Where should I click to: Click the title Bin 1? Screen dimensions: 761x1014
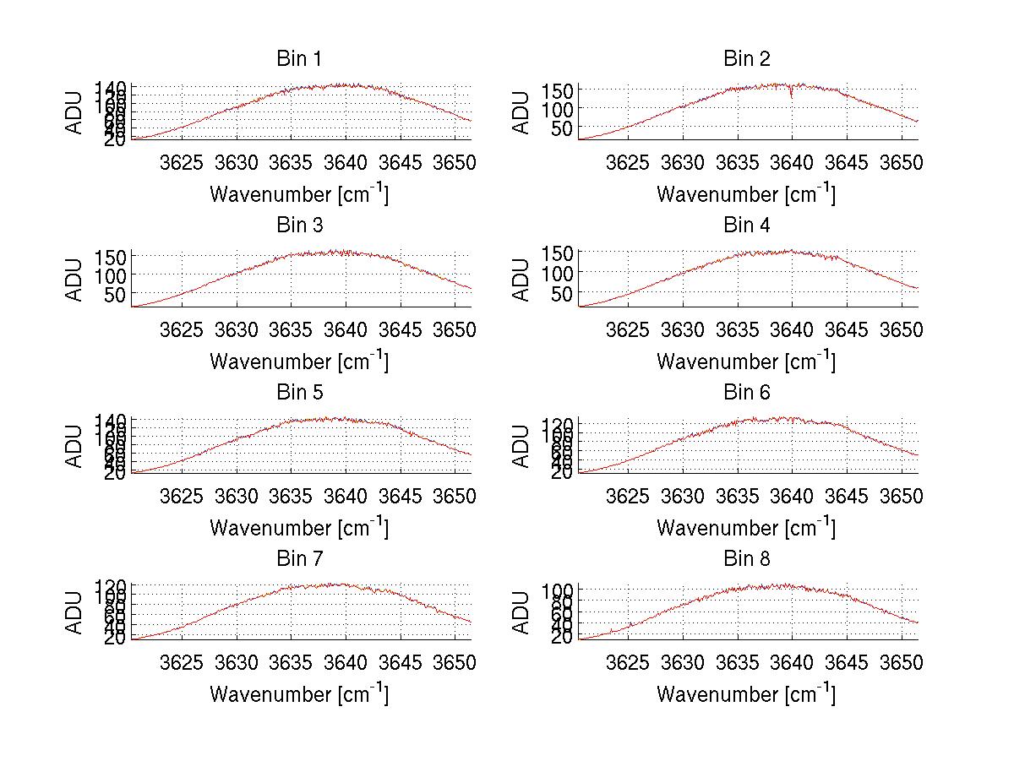coord(298,59)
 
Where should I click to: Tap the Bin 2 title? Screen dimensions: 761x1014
coord(746,59)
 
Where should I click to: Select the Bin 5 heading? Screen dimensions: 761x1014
coord(298,393)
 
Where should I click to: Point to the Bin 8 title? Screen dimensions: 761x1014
coord(746,559)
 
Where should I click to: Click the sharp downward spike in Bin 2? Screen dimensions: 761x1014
coord(791,95)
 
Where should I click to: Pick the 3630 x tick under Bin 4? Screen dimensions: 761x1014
coord(683,329)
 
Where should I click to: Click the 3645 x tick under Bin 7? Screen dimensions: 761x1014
coord(401,663)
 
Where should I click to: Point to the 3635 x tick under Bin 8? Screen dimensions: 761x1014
coord(738,663)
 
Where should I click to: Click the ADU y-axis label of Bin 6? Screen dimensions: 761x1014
coord(522,446)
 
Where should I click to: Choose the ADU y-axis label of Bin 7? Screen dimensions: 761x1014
coord(75,612)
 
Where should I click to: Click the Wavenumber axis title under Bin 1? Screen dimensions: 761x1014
coord(298,194)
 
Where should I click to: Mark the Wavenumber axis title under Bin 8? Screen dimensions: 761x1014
coord(746,694)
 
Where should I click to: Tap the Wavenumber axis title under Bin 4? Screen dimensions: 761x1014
coord(746,361)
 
